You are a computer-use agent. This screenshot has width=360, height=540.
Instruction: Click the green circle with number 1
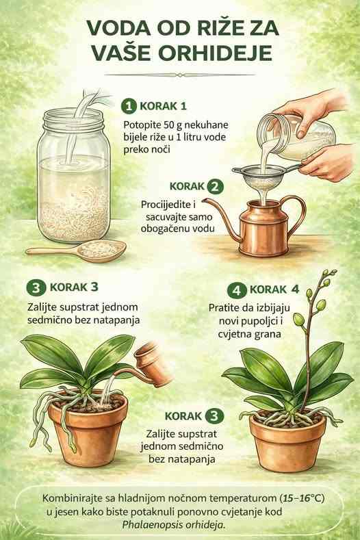[129, 105]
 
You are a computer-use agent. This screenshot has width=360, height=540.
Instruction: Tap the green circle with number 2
[215, 187]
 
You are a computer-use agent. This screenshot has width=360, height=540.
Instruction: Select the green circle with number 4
[237, 291]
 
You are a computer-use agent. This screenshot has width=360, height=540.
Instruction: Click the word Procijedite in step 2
[166, 205]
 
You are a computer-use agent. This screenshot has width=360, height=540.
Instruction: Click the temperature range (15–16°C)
[303, 498]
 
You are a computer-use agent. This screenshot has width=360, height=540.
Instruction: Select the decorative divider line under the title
[179, 75]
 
